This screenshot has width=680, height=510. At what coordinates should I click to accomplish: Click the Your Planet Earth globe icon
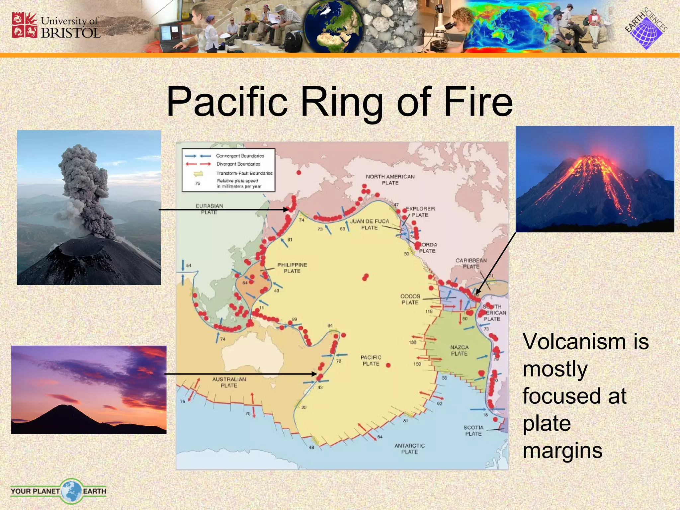coord(71,491)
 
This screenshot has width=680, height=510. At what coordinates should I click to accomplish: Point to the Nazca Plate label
coord(459,350)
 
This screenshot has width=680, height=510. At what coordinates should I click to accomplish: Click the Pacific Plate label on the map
coord(371,360)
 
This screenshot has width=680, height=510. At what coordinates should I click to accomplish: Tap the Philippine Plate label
coord(292,268)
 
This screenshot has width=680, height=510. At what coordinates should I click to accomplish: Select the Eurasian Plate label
coord(209,209)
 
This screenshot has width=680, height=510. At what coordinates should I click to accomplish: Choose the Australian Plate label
coord(229,382)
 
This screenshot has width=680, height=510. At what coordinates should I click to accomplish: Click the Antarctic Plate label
coord(409,449)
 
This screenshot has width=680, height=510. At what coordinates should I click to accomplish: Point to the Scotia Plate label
coord(473,430)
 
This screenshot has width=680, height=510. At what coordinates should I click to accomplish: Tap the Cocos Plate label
coord(410,299)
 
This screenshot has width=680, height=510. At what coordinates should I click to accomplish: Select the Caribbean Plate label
coord(471,263)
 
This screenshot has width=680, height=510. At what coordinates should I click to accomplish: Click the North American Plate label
coord(390,180)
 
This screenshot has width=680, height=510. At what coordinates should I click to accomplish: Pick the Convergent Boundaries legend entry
coord(240,156)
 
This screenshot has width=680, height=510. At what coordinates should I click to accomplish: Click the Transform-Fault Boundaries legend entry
coord(244,173)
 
